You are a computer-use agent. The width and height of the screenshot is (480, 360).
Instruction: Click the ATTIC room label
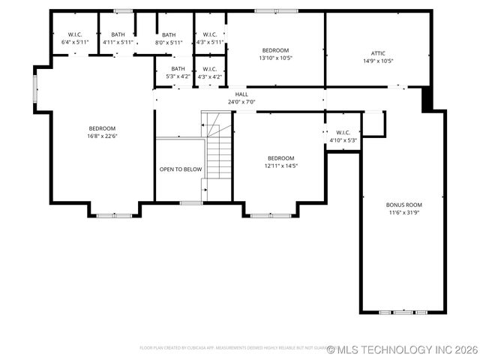pos(378,53)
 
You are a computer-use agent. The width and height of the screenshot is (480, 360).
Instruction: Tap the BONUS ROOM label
pos(403,205)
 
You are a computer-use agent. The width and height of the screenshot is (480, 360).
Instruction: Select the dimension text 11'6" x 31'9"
pos(403,213)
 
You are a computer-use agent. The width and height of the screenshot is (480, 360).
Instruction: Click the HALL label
pos(241,94)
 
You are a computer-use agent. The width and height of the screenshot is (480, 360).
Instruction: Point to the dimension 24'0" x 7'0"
pos(241,102)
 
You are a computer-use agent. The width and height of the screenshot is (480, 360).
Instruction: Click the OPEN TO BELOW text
pos(181,169)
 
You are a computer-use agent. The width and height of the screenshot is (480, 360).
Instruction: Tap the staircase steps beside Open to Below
pos(217,154)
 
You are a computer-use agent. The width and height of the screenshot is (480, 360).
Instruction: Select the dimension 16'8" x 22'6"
pos(102,136)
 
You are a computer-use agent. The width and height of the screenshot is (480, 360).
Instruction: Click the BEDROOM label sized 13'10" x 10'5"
pos(275,50)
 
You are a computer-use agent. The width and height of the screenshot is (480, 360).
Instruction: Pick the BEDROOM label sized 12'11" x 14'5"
pos(280,158)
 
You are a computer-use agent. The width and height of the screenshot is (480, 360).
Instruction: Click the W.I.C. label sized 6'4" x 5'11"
pos(75,34)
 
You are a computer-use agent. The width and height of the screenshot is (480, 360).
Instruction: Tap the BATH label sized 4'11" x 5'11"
pos(118,34)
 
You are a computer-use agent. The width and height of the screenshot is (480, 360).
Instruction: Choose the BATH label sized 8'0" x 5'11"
pos(169,34)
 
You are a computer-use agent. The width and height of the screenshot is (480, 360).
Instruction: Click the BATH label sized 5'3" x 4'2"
pos(178,69)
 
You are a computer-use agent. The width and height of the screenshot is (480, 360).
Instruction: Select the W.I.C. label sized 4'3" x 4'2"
pos(210,69)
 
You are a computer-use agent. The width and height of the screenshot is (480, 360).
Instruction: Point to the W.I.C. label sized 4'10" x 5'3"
pos(343,133)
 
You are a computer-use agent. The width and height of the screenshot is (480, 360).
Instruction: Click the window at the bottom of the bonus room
pos(403,311)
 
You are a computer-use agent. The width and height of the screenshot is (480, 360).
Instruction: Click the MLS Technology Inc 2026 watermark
pos(402,349)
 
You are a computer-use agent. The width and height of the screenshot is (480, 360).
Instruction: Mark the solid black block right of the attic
pos(427,99)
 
